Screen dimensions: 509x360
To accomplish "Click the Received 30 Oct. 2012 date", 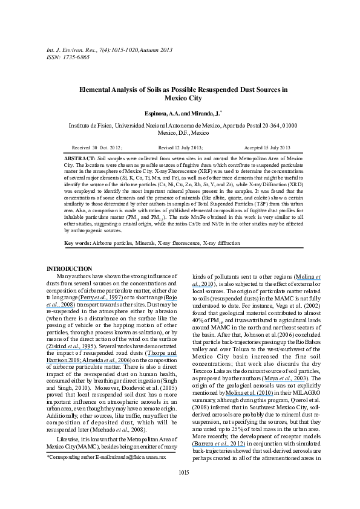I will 97,148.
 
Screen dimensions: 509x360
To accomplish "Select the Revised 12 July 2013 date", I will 180,148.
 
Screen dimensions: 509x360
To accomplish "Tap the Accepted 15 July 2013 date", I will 267,148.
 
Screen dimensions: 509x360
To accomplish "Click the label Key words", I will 78,243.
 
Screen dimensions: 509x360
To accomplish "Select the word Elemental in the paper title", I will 97,89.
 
